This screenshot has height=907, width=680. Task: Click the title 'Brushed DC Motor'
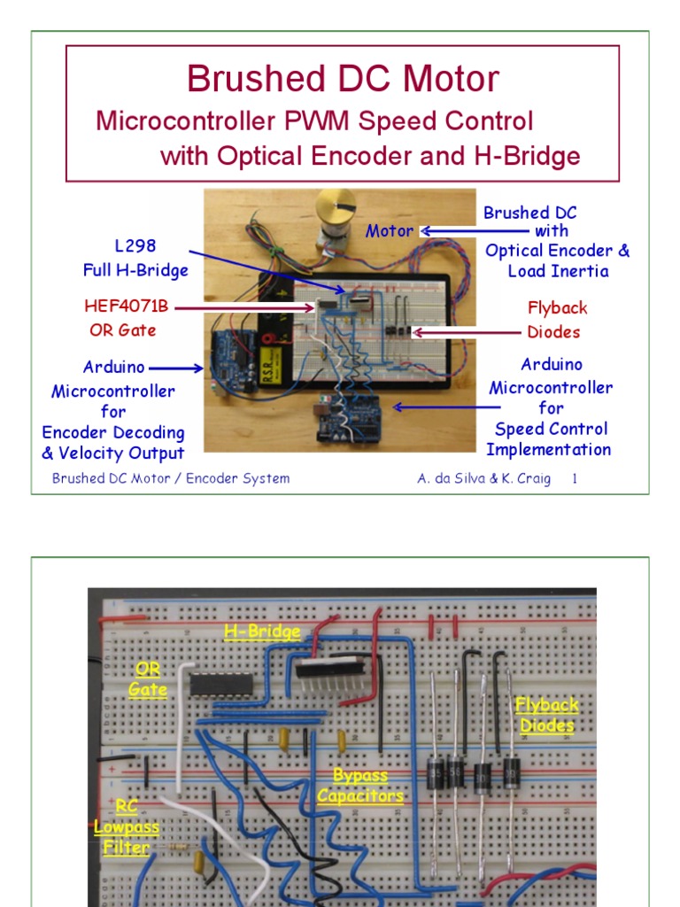click(342, 80)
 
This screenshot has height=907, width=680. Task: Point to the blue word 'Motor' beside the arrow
click(390, 231)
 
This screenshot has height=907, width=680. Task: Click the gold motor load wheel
click(336, 206)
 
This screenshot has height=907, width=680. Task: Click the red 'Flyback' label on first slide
click(557, 308)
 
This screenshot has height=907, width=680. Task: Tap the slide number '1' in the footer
click(575, 479)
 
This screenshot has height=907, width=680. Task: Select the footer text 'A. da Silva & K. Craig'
click(483, 479)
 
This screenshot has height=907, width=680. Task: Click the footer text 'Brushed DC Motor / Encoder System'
click(171, 479)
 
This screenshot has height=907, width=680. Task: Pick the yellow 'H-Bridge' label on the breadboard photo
click(262, 632)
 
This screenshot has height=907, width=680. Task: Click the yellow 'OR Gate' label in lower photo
click(147, 678)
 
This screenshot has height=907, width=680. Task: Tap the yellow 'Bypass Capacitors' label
click(360, 786)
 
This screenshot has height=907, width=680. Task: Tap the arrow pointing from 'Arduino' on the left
click(178, 368)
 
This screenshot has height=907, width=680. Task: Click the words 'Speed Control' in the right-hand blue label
click(551, 429)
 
